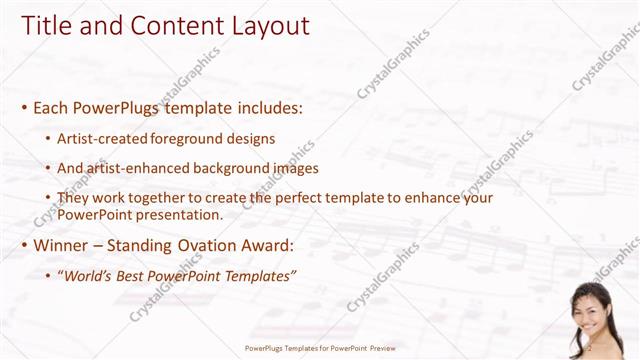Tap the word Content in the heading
point(166,26)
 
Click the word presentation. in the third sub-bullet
point(177,214)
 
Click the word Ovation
point(219,246)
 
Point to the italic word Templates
point(261,275)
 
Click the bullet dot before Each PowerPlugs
point(23,107)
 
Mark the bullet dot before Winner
point(23,246)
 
